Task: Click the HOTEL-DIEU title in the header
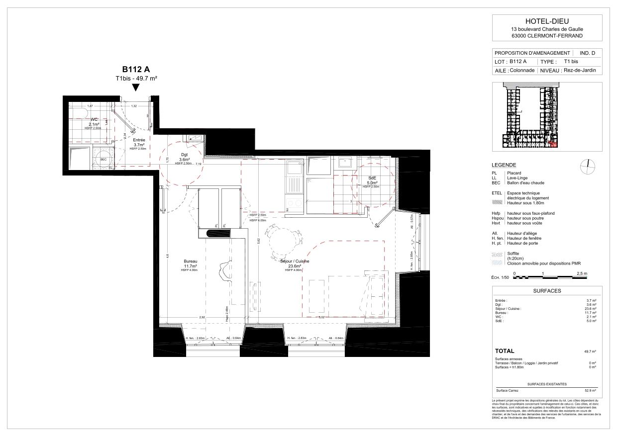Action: pos(546,21)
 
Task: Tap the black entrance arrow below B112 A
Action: pos(136,88)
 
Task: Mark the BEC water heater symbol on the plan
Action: pos(103,159)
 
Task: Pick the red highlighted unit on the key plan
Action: pos(554,145)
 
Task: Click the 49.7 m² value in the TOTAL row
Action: pos(590,351)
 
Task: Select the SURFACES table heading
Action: pos(546,291)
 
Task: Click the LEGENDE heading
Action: pos(504,165)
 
